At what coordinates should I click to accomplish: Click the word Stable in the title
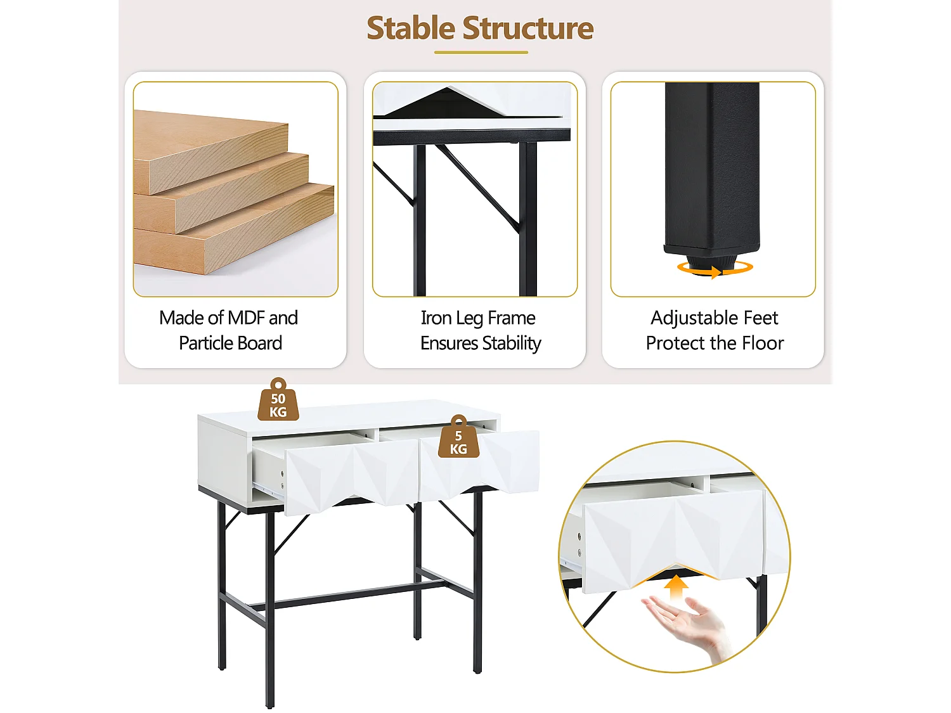411,29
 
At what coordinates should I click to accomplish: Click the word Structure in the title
528,29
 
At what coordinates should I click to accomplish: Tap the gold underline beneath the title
481,53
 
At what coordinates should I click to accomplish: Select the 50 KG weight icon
278,399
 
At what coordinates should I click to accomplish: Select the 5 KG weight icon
458,437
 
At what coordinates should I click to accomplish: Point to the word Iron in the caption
436,318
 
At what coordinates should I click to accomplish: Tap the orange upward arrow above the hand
676,588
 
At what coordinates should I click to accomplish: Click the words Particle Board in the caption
231,344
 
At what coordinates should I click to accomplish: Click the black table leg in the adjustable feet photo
712,169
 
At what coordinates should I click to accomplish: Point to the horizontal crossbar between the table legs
347,595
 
